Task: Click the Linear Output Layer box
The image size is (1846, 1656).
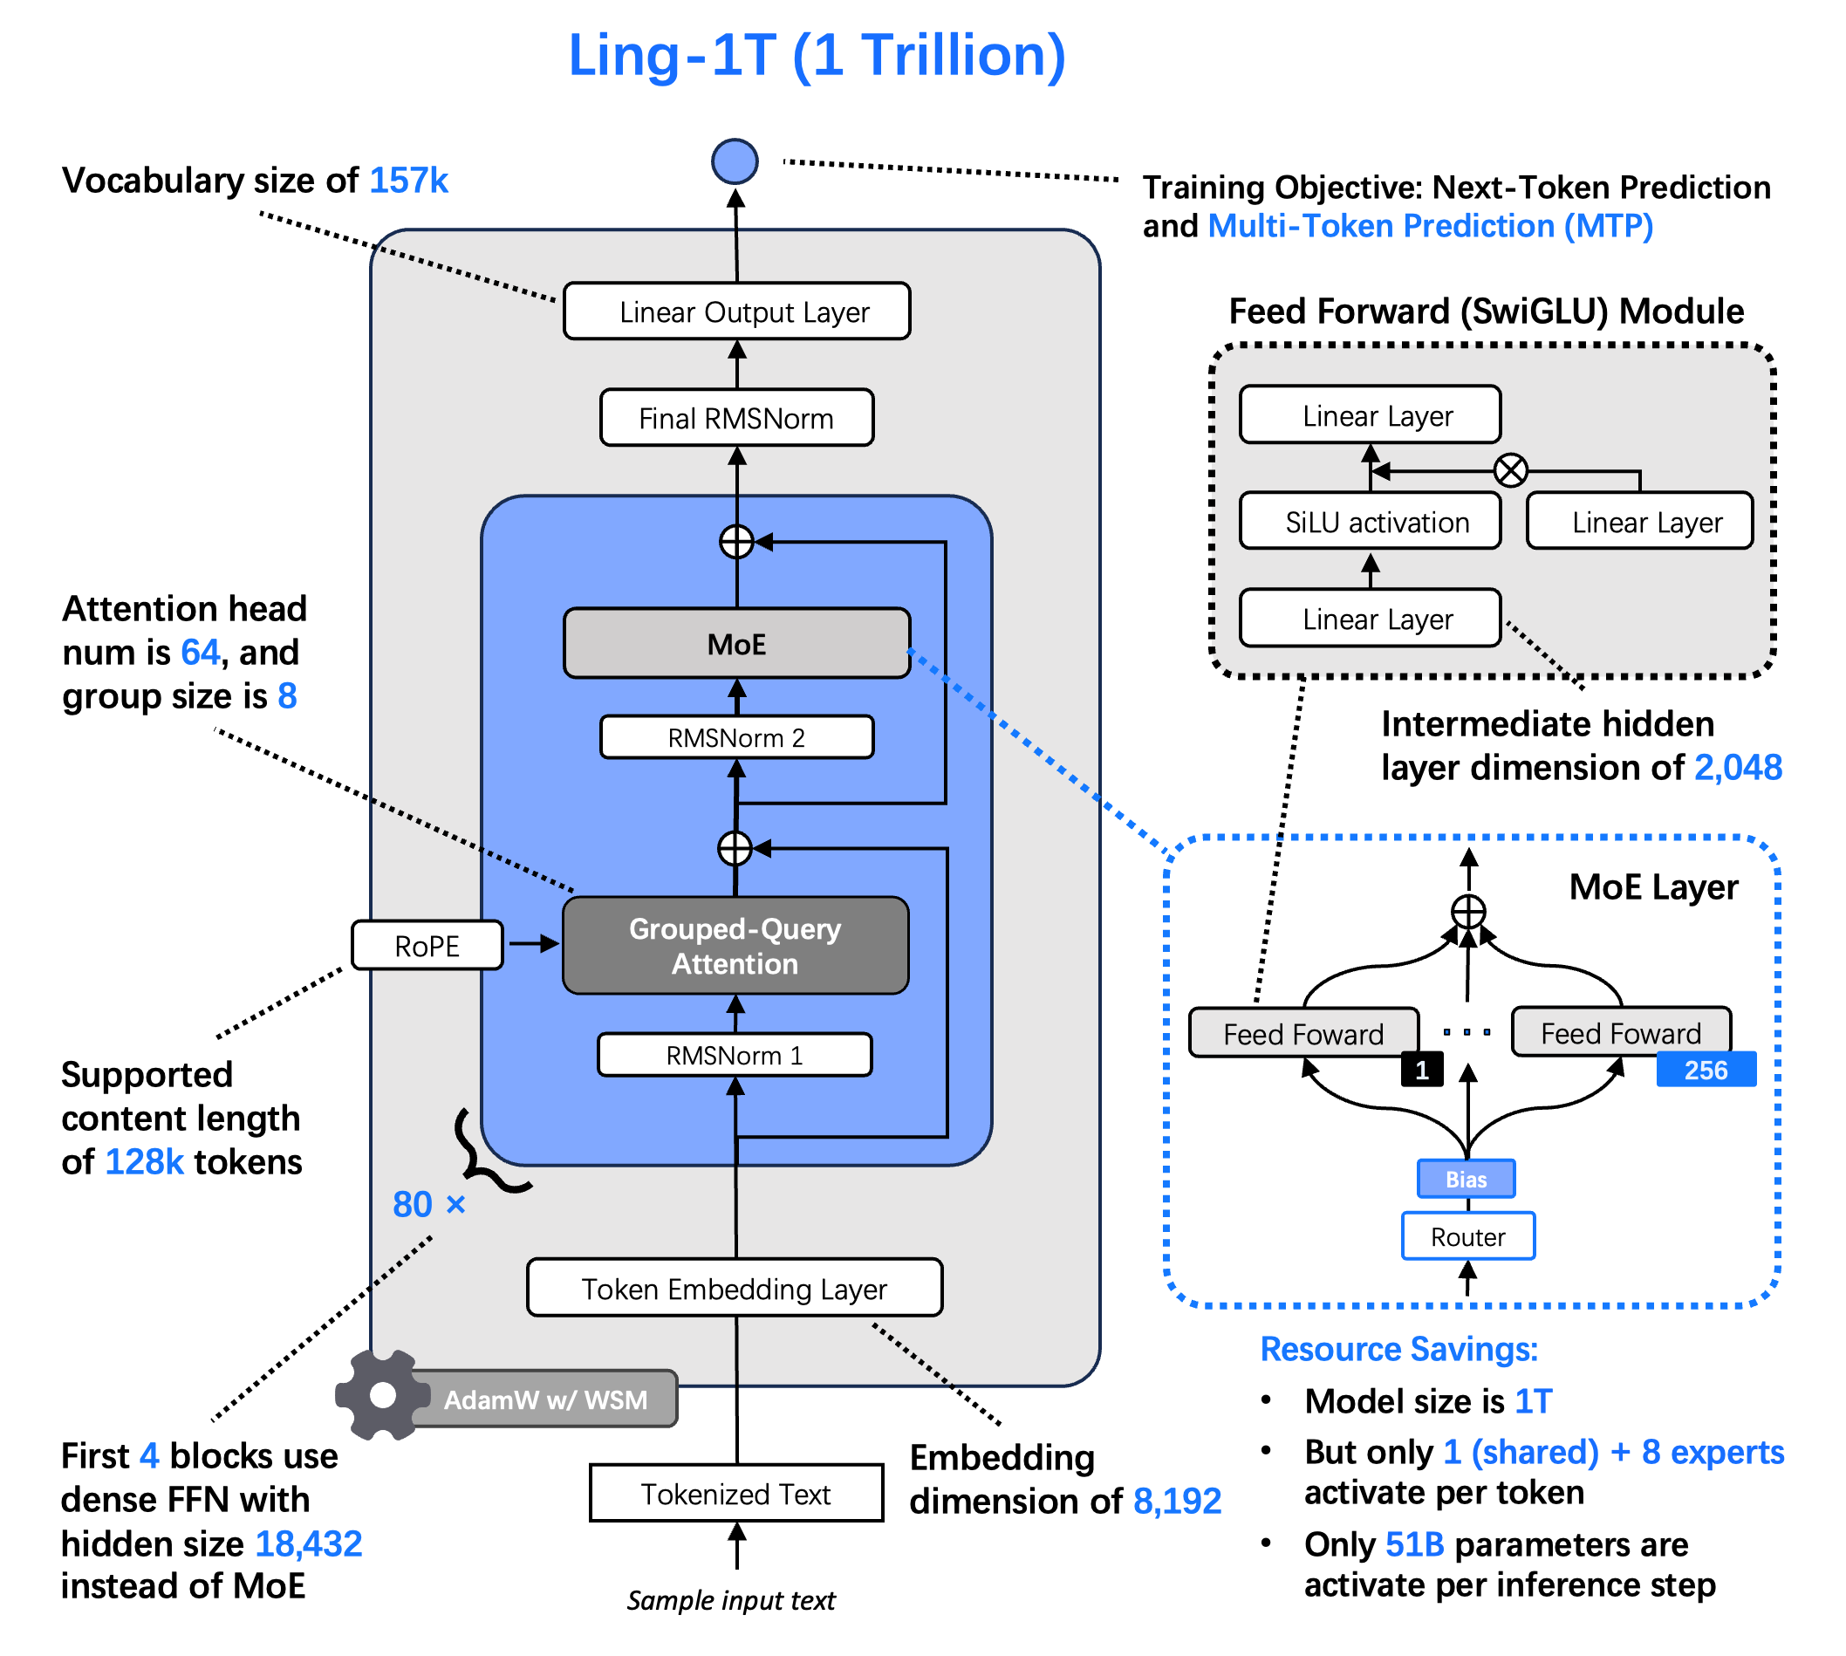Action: (736, 311)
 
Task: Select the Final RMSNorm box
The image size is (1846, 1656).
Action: (736, 418)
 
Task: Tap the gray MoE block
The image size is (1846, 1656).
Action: (736, 643)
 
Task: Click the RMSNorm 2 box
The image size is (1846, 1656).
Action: (736, 737)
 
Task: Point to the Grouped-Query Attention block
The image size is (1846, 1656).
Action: (735, 946)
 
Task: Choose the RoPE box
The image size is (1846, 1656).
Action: (427, 946)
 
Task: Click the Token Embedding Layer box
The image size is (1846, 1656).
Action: (735, 1288)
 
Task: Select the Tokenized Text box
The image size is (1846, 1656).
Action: (736, 1493)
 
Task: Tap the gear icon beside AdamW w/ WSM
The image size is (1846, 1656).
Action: (382, 1395)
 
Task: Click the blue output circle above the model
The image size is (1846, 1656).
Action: (735, 162)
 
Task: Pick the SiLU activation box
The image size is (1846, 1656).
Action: (1370, 522)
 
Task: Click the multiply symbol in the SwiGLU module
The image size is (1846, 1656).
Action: (1510, 470)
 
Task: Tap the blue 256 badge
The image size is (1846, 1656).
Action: (1706, 1069)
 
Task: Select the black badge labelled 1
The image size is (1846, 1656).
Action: (1422, 1069)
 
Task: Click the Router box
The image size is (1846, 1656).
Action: (1467, 1236)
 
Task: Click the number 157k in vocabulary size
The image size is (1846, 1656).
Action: (408, 180)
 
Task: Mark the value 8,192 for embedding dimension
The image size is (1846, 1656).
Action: (1176, 1501)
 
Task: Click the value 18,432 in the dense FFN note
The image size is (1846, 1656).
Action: (309, 1543)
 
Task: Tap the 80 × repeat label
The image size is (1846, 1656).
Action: (428, 1204)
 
